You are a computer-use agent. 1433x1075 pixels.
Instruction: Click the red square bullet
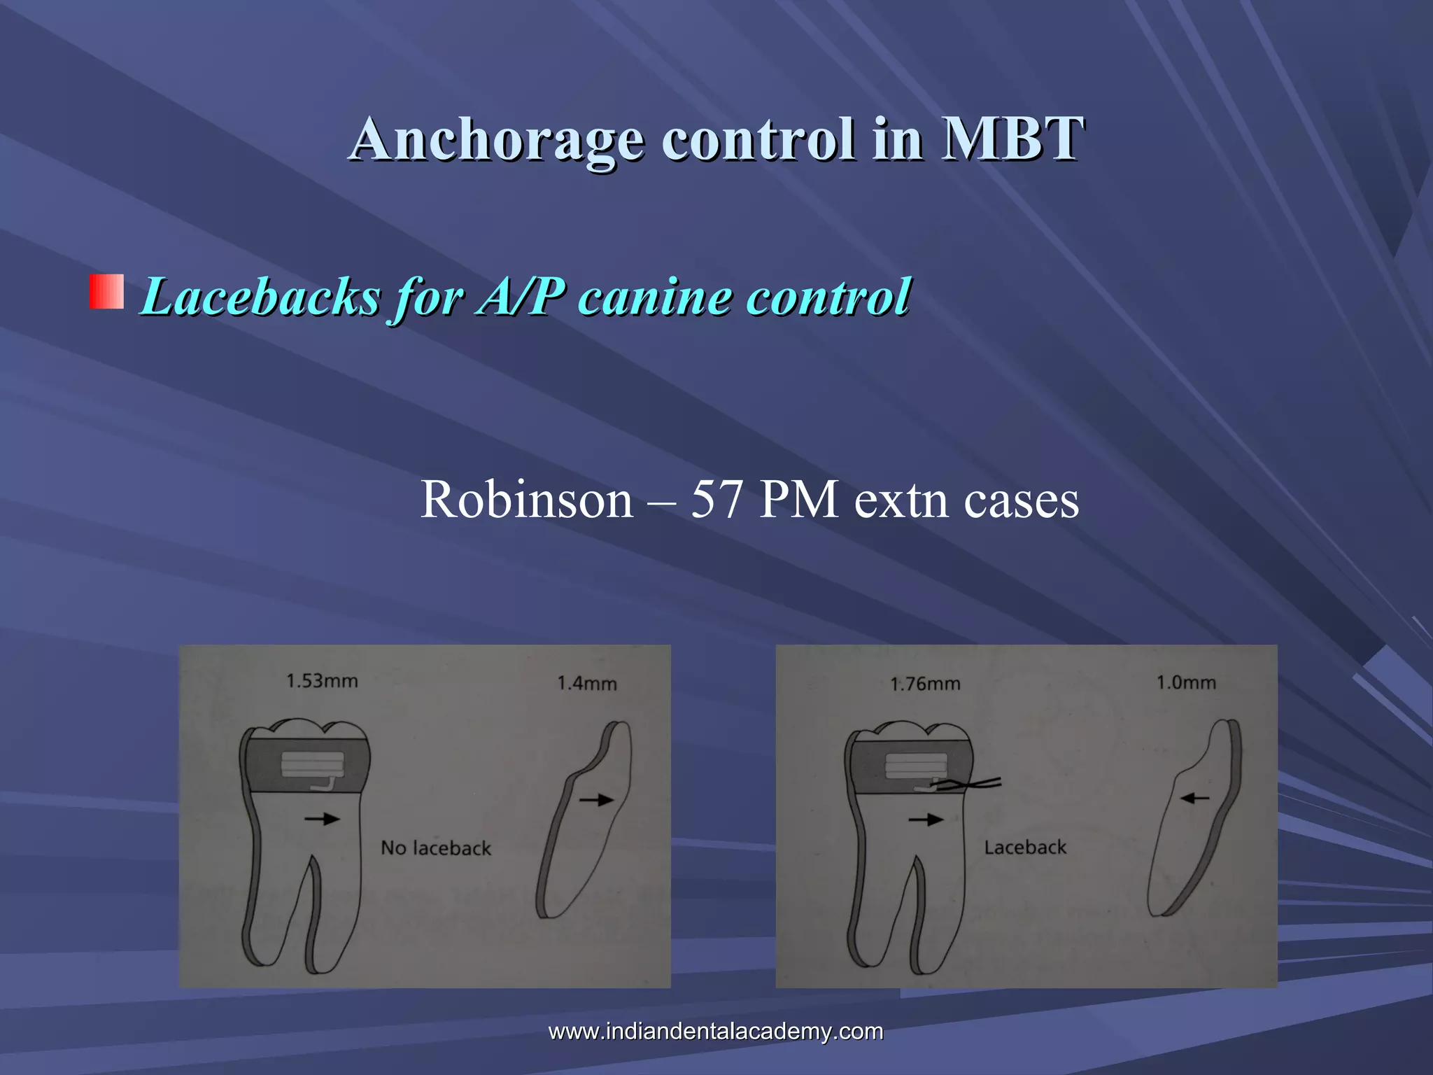pyautogui.click(x=106, y=292)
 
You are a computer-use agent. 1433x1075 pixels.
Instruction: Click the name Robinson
pyautogui.click(x=526, y=500)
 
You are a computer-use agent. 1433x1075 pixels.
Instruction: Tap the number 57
pyautogui.click(x=716, y=500)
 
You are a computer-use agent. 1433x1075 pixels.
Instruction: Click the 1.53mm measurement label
pyautogui.click(x=322, y=681)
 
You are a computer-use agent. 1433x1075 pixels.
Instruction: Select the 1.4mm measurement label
pyautogui.click(x=586, y=683)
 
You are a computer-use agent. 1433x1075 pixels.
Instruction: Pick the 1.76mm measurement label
pyautogui.click(x=925, y=684)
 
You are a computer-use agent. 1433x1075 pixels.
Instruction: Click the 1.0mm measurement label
pyautogui.click(x=1186, y=682)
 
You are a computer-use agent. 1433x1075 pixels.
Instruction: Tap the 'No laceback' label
pyautogui.click(x=436, y=848)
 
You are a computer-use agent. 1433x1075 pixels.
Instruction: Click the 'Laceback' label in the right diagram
pyautogui.click(x=1025, y=848)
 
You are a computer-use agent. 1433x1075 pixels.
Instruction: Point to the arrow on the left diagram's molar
pyautogui.click(x=322, y=818)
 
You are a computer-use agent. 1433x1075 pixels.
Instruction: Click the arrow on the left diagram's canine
pyautogui.click(x=596, y=799)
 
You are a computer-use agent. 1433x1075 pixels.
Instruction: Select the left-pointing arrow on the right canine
pyautogui.click(x=1195, y=797)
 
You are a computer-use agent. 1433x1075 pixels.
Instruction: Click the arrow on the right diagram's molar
pyautogui.click(x=926, y=819)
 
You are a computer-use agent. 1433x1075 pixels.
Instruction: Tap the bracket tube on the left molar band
pyautogui.click(x=312, y=765)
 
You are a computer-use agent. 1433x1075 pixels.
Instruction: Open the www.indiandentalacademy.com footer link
pyautogui.click(x=716, y=1031)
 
